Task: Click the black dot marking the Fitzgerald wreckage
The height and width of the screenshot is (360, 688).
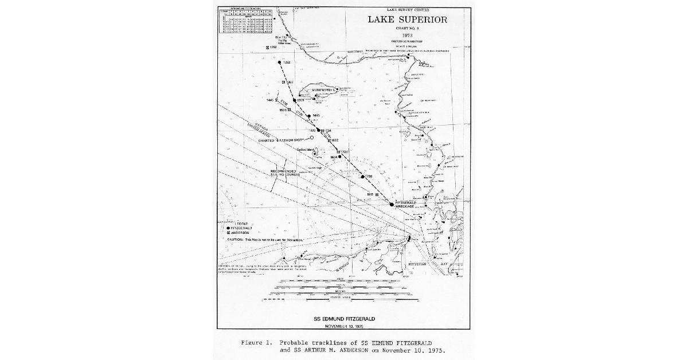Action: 392,204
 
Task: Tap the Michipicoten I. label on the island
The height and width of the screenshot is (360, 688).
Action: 322,90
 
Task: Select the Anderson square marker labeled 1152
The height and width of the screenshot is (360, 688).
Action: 267,46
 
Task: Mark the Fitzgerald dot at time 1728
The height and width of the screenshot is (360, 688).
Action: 362,177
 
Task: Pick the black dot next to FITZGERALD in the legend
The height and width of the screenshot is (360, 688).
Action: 228,228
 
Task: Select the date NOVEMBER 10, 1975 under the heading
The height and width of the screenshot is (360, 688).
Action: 345,326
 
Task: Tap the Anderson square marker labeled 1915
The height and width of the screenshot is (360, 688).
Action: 377,194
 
